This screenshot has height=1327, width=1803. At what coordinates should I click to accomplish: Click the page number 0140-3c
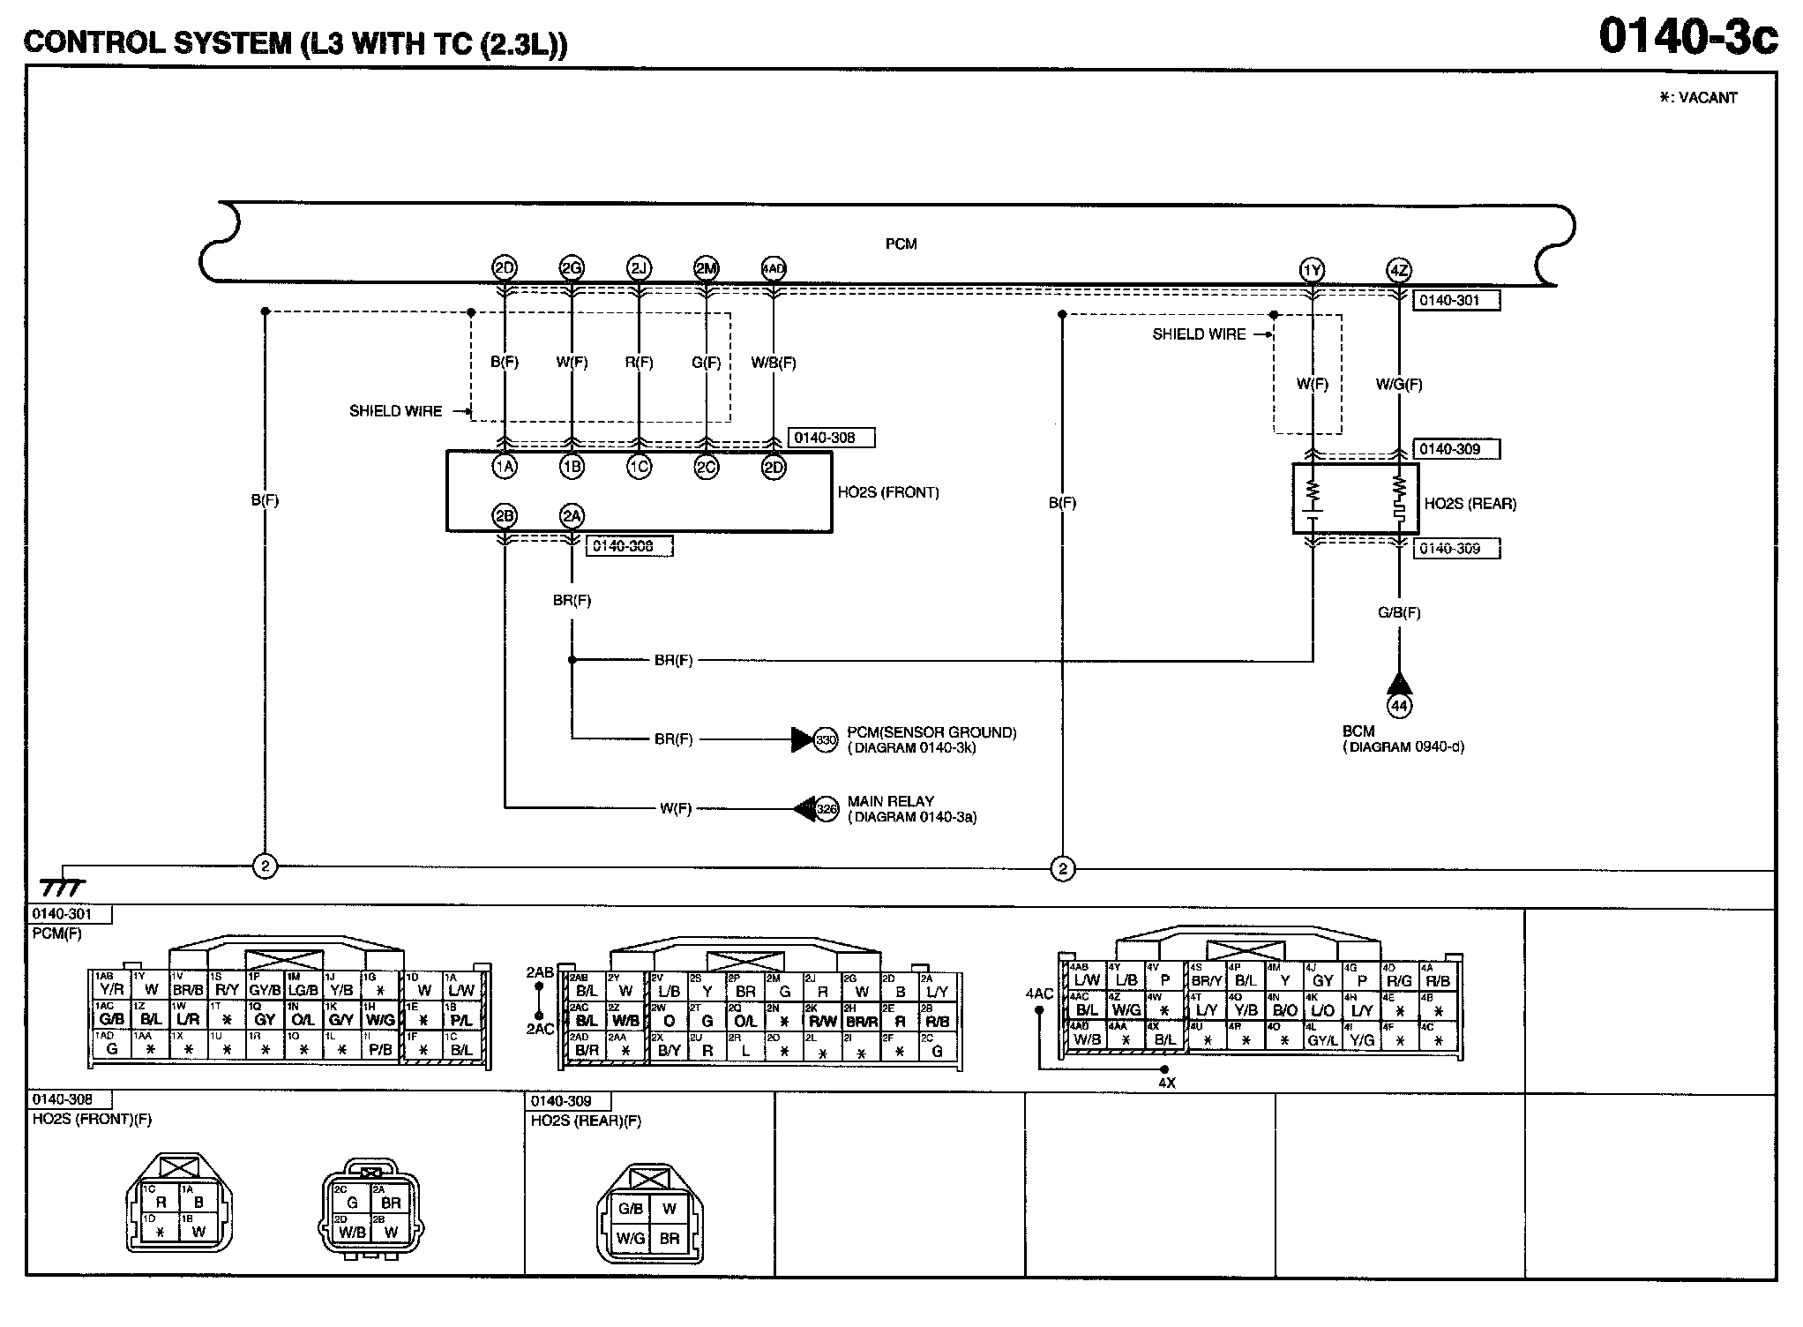pos(1687,37)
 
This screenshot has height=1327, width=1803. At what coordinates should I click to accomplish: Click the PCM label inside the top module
pos(901,244)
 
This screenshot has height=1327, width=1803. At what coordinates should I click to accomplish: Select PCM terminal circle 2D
pos(504,267)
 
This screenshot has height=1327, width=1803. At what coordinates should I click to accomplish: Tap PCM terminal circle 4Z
pos(1399,270)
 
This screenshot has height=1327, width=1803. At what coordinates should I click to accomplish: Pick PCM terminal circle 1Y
pos(1313,270)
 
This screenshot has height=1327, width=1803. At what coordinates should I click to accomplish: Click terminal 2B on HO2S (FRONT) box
pos(504,516)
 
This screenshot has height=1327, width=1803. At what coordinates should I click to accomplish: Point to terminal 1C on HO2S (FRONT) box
pos(639,467)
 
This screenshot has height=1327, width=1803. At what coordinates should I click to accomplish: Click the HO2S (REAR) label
pos(1470,504)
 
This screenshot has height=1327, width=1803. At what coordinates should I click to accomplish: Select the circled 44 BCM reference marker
pos(1399,705)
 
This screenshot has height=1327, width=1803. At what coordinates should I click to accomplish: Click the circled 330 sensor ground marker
pos(826,739)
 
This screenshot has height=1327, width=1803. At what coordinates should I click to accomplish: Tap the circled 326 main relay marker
pos(826,808)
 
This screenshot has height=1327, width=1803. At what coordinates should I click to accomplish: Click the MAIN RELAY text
pos(890,801)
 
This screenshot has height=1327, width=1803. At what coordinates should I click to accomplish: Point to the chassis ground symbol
pos(62,885)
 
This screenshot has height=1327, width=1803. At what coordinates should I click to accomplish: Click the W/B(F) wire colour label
pos(774,362)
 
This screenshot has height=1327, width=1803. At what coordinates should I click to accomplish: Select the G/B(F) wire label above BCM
pos(1399,612)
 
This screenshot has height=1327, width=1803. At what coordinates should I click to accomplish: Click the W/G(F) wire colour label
pos(1399,384)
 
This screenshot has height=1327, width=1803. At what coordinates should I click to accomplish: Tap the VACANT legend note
pos(1698,98)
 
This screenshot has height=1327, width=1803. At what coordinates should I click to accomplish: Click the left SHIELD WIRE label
pos(395,411)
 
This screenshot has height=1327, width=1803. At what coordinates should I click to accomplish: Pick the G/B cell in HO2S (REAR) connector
pos(631,1209)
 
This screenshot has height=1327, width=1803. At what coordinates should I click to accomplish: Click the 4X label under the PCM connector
pos(1166,1083)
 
